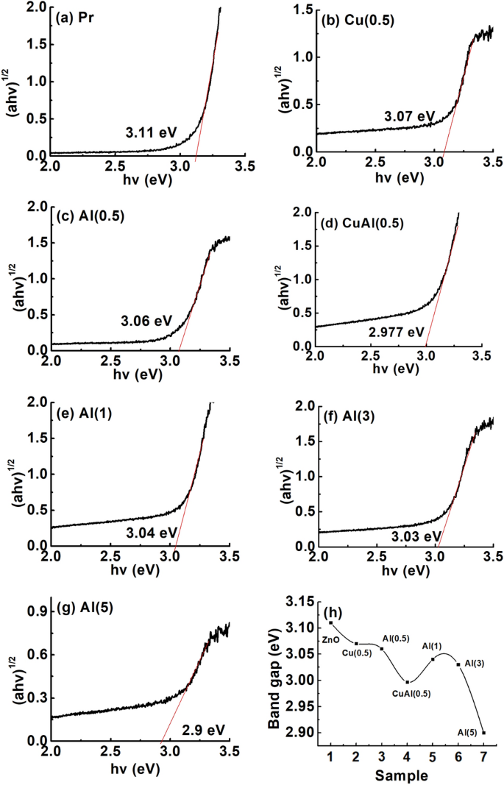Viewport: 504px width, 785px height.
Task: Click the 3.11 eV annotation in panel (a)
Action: (x=144, y=133)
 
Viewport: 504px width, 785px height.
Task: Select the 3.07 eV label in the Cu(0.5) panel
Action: (x=410, y=116)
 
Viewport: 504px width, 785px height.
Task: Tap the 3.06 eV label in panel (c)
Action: (x=146, y=321)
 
